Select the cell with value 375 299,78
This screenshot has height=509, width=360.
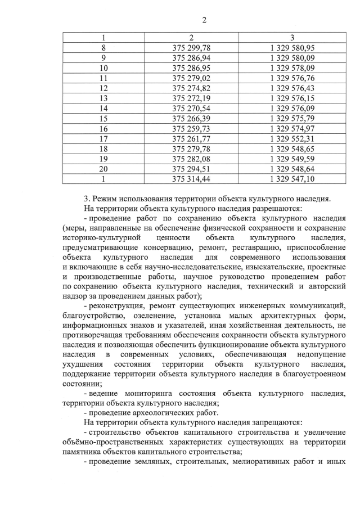[191, 48]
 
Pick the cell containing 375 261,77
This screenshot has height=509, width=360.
[191, 138]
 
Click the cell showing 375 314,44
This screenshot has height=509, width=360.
[191, 179]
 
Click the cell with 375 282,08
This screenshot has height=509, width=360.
[191, 159]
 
